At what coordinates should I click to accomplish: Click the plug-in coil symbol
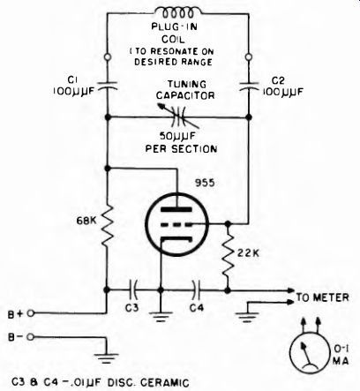pos(178,13)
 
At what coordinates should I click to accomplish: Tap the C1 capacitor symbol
pos(108,85)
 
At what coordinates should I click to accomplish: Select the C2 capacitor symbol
pos(249,86)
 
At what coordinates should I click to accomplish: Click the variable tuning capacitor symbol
pos(178,117)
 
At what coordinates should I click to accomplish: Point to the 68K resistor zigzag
pos(108,225)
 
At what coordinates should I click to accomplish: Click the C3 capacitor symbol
pos(133,290)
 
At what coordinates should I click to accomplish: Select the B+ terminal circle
pos(30,313)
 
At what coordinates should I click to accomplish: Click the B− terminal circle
pos(30,337)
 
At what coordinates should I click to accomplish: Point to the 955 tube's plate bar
pos(176,210)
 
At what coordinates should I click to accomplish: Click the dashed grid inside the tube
pos(176,225)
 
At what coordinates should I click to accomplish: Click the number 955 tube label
pos(205,183)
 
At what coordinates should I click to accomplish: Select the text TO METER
pos(322,297)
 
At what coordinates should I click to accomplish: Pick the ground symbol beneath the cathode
pos(161,316)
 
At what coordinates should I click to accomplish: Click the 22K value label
pos(248,253)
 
